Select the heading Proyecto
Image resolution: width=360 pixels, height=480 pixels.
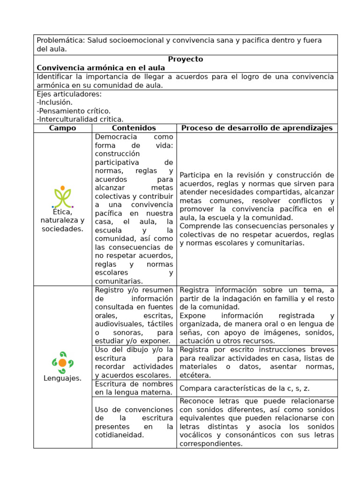click(x=186, y=59)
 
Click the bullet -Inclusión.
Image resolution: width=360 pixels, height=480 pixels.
click(x=55, y=102)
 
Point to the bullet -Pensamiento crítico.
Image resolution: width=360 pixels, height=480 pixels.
click(x=74, y=111)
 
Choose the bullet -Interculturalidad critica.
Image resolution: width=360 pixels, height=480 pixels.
click(x=80, y=120)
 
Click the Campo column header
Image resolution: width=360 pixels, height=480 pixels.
click(x=62, y=128)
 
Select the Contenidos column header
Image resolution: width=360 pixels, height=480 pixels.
click(x=134, y=128)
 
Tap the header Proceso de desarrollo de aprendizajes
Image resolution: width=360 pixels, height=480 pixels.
click(x=257, y=128)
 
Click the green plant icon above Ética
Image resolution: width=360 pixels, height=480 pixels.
click(x=62, y=197)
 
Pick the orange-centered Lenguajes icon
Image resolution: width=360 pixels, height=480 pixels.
click(x=62, y=362)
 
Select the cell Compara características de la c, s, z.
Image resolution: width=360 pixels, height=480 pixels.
click(x=244, y=388)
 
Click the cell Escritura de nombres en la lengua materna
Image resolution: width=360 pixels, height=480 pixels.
click(x=134, y=388)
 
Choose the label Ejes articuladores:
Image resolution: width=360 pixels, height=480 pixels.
click(x=69, y=94)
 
